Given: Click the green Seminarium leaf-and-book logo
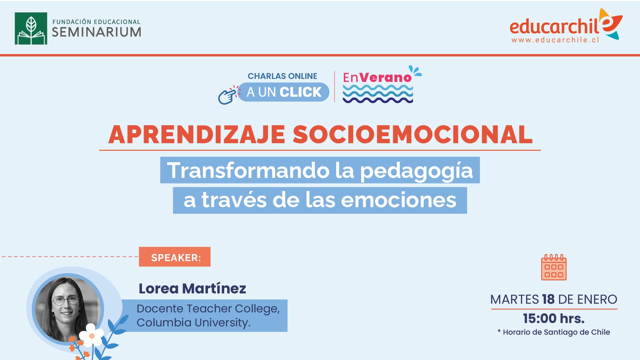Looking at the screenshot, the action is (x=31, y=28).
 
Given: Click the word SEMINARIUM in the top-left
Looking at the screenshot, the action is (x=97, y=32).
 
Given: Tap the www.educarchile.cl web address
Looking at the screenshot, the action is (x=555, y=40).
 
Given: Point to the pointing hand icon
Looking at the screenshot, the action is (x=228, y=95).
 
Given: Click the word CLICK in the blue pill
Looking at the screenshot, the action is (x=301, y=92).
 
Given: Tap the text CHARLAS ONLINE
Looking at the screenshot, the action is (x=283, y=76).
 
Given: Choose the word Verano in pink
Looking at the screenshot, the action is (x=386, y=78).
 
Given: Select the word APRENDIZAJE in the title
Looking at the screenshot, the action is (x=197, y=135).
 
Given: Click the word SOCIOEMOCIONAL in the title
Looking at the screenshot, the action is (x=413, y=135).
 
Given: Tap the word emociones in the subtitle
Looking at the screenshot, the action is (x=398, y=200).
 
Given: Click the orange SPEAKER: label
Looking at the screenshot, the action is (x=175, y=257).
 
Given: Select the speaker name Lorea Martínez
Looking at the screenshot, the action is (x=192, y=288).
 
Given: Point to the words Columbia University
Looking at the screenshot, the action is (x=193, y=323).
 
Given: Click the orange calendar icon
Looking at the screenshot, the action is (x=554, y=267).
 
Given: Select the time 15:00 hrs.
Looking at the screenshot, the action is (x=554, y=319).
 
